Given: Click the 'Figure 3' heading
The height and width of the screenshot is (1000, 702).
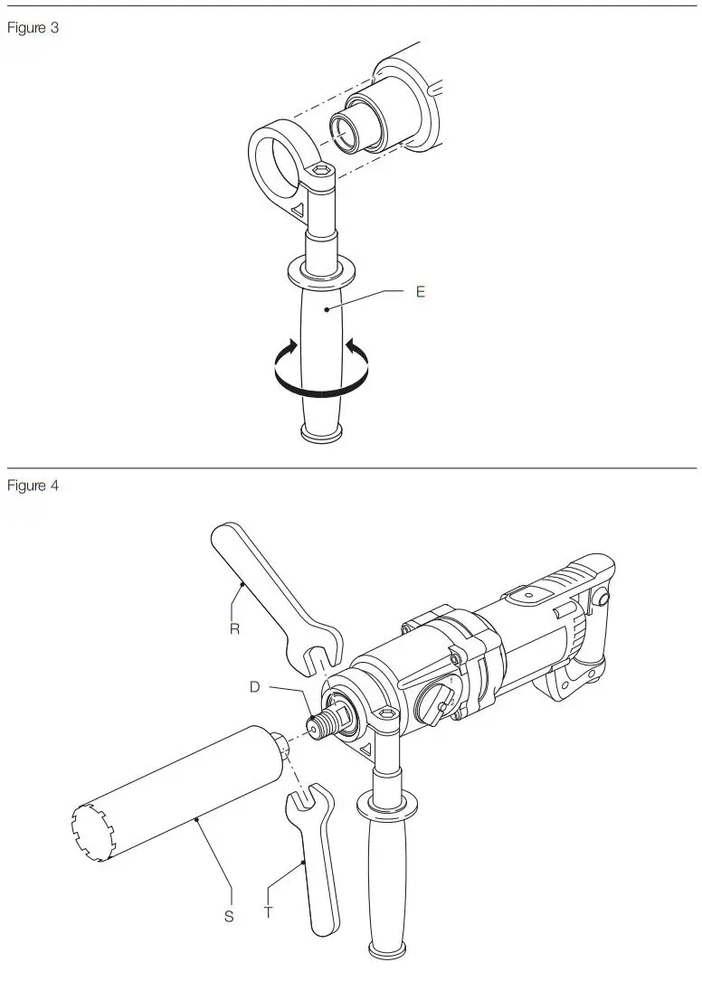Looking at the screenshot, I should pyautogui.click(x=33, y=27).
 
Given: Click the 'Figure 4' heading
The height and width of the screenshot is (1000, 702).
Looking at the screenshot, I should pyautogui.click(x=33, y=486).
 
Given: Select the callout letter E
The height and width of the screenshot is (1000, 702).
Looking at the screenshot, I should pyautogui.click(x=421, y=292).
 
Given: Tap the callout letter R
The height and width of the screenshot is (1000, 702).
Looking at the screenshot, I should pyautogui.click(x=234, y=628).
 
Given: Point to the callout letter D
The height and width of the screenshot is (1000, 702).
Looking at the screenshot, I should pyautogui.click(x=255, y=687).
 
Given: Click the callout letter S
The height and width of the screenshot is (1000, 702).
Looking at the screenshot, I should pyautogui.click(x=229, y=916).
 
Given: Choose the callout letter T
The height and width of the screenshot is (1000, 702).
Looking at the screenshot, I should pyautogui.click(x=269, y=913).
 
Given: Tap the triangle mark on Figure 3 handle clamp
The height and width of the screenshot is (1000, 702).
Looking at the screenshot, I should pyautogui.click(x=295, y=210).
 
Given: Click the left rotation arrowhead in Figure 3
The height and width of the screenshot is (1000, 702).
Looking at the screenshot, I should pyautogui.click(x=289, y=347).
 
